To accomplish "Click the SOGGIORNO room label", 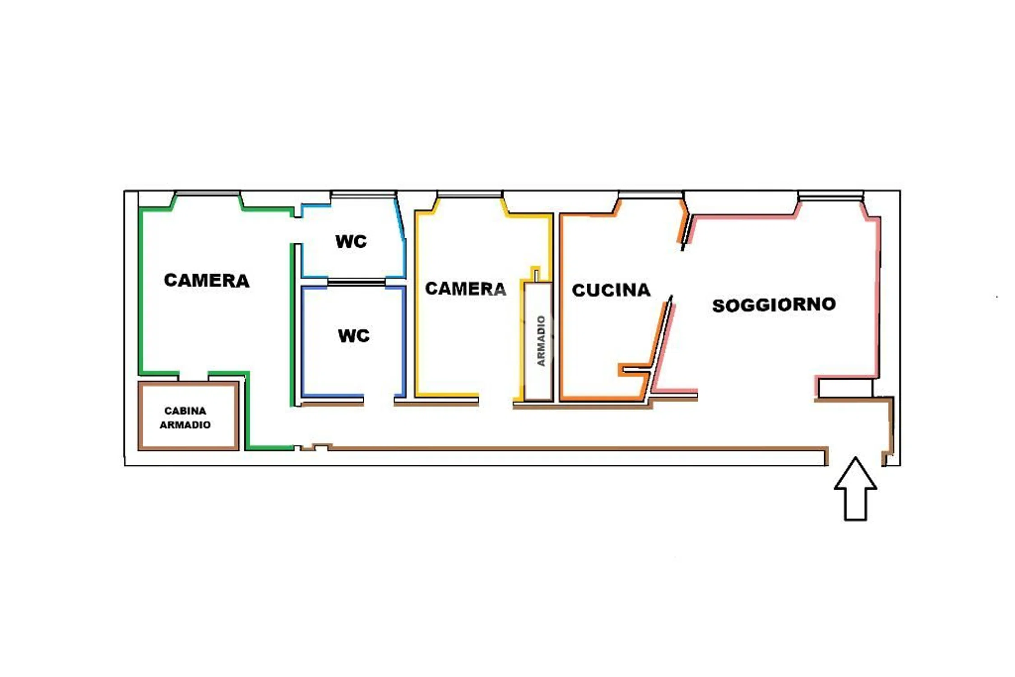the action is coord(774,305).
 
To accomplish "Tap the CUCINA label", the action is coord(611,290).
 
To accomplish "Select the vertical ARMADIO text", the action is coord(541,341).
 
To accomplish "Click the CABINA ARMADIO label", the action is coord(185,417).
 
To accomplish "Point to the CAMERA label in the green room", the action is coord(206,280).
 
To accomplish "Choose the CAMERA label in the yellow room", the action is coord(465,288).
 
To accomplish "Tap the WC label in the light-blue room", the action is coord(351,241).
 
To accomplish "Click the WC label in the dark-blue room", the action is coord(354,335).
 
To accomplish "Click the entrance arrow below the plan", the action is coord(855,489).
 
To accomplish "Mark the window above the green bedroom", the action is coord(207,194).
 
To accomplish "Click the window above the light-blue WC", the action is coord(363,194).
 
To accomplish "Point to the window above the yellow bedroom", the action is coord(469,194).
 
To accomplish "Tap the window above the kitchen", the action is coord(650,194).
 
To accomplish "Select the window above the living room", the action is coord(830,195).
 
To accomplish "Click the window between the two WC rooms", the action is coord(356,282).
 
